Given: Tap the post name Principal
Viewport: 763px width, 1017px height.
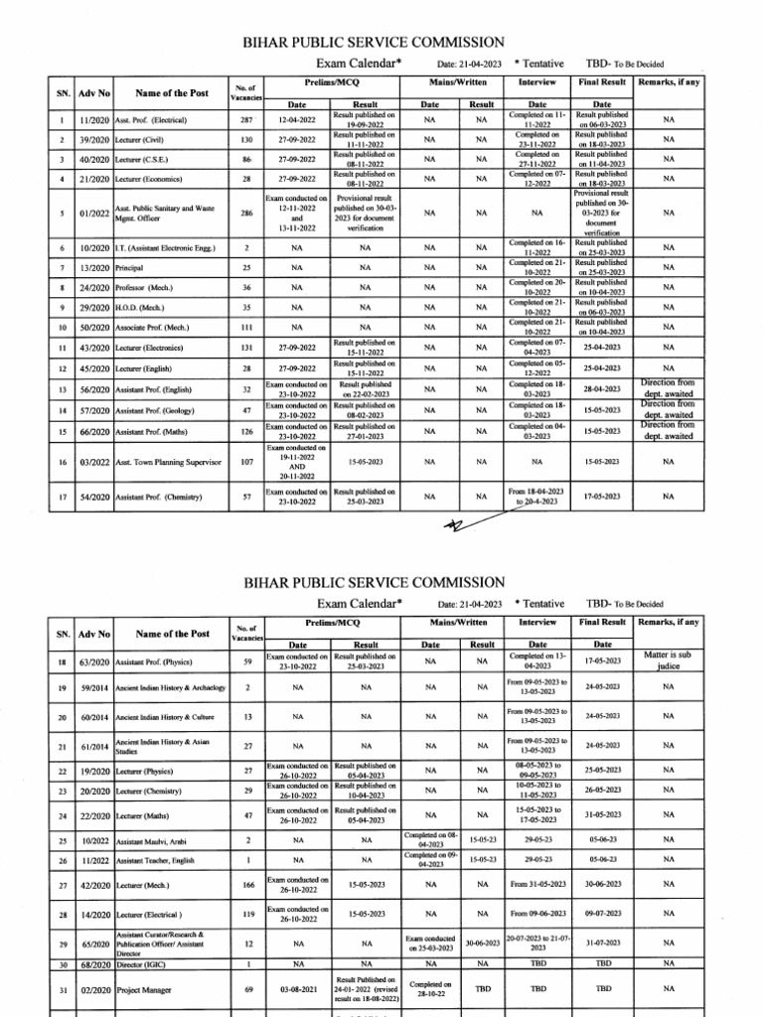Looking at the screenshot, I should pyautogui.click(x=129, y=267).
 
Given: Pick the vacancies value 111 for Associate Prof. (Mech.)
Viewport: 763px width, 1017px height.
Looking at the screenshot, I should pyautogui.click(x=247, y=327).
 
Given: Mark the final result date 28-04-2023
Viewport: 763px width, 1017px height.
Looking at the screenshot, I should pyautogui.click(x=602, y=388).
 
